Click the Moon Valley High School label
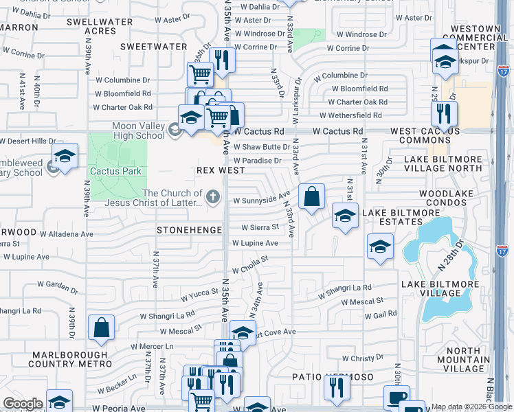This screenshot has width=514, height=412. point(142,130)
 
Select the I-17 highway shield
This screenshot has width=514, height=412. point(504,70)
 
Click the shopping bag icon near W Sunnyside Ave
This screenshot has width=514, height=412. point(312,196)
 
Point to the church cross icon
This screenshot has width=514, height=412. point(214,198)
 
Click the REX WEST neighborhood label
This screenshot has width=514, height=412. point(220,169)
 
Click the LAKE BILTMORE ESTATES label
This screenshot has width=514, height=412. point(401,217)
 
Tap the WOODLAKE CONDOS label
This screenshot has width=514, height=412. point(447,198)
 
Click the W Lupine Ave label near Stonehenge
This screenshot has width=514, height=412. point(254,243)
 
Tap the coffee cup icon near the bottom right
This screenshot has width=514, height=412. point(396,398)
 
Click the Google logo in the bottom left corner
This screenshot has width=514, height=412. point(23,403)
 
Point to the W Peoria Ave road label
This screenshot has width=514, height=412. point(121,408)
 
